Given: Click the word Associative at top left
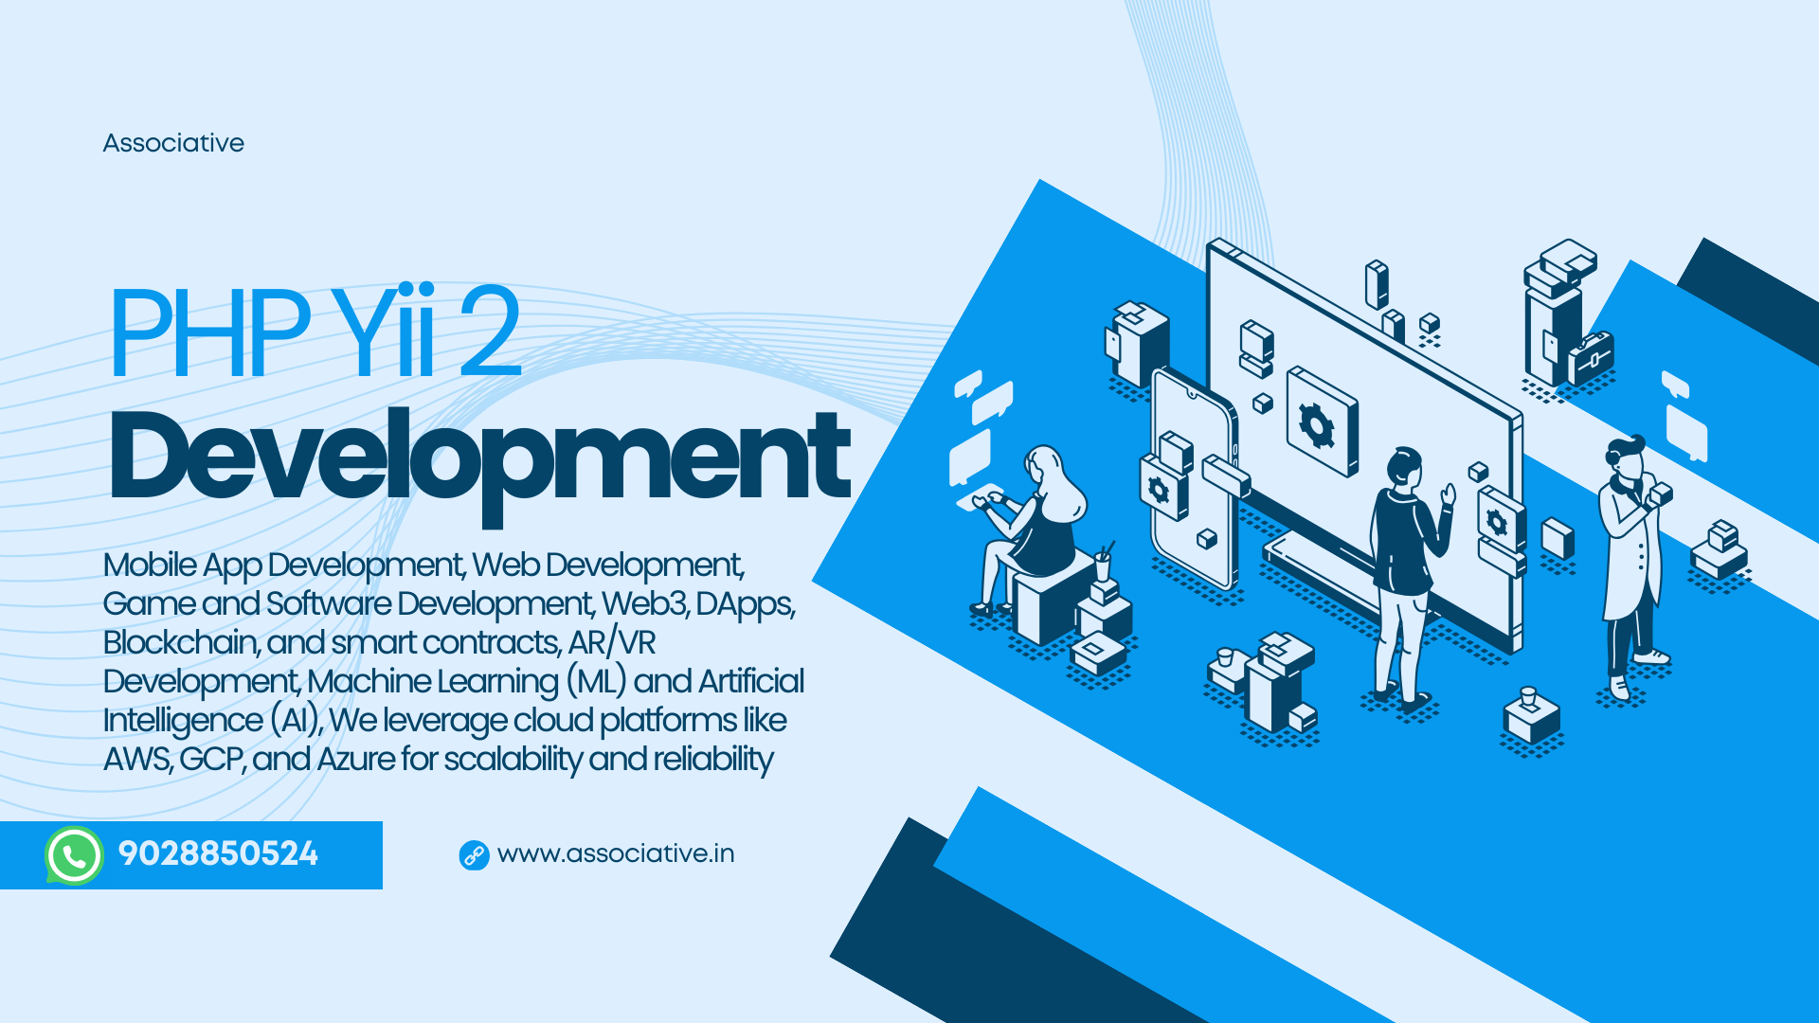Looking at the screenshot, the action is pyautogui.click(x=173, y=143).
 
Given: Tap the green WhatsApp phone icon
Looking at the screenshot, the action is pyautogui.click(x=74, y=855).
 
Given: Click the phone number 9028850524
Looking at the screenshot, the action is pyautogui.click(x=218, y=853).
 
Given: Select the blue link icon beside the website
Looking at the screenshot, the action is pyautogui.click(x=474, y=855).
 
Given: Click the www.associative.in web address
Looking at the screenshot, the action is pyautogui.click(x=616, y=853).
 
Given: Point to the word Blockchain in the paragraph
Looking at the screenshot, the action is pyautogui.click(x=180, y=642).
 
